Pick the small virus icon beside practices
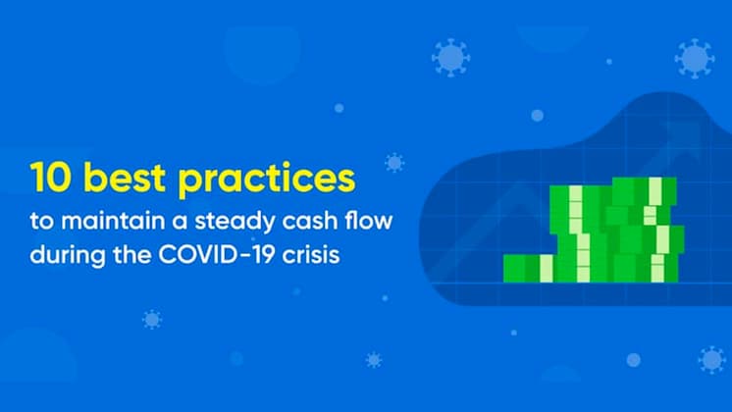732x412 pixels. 394,162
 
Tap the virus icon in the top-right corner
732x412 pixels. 694,58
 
